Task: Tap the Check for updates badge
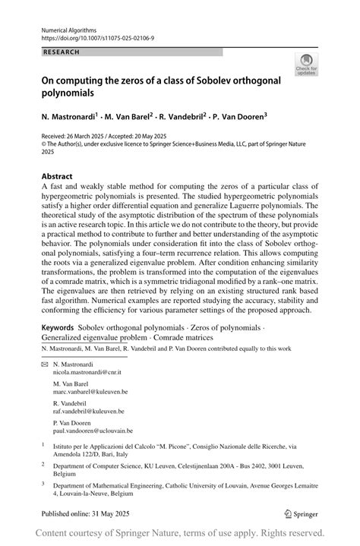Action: pyautogui.click(x=307, y=65)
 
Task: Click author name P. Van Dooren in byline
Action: pyautogui.click(x=238, y=118)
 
